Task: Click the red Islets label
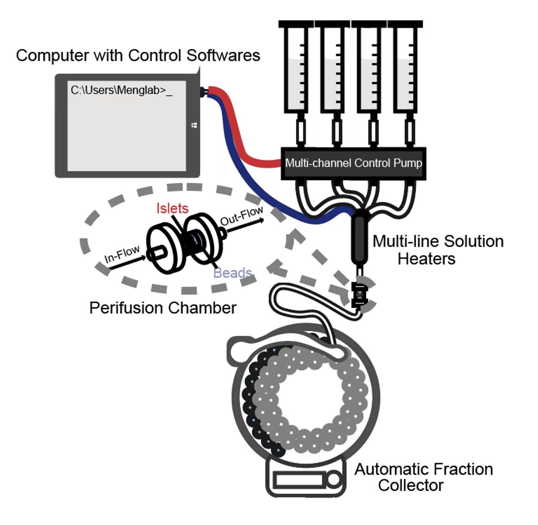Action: tap(172, 208)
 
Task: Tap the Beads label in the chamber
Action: tap(232, 273)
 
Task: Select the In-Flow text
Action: tap(122, 254)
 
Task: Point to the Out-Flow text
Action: tap(242, 215)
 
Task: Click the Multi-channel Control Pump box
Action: tap(353, 163)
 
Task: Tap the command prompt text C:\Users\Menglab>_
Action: tap(121, 91)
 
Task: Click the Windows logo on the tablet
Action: tap(194, 125)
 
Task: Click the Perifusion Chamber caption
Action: tap(163, 308)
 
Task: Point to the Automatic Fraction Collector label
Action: tap(423, 477)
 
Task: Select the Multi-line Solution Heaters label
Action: tap(438, 250)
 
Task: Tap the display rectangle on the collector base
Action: tap(299, 480)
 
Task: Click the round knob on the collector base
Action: tap(334, 480)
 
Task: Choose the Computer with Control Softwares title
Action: tap(138, 56)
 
